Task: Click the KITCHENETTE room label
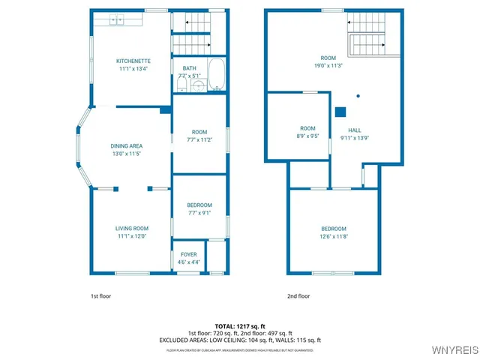133,61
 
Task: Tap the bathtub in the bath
216,75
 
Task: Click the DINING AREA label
126,146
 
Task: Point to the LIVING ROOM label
131,229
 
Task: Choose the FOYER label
188,255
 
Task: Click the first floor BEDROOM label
199,205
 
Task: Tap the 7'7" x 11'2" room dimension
199,139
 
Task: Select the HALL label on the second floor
355,130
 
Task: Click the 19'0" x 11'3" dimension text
328,65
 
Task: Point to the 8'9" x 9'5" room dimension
308,136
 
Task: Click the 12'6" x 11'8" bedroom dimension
334,236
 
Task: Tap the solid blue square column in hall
340,112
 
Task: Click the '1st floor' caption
100,296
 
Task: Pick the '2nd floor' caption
298,296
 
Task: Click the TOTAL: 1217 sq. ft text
239,326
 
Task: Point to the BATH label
190,68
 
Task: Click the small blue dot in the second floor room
358,95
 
